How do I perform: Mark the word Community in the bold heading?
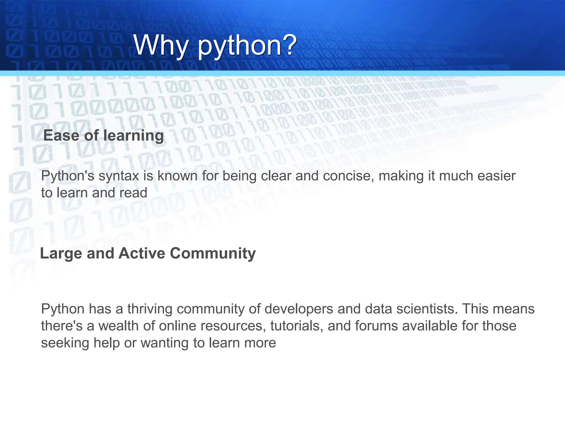tap(213, 254)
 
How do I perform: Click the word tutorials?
tap(297, 326)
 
